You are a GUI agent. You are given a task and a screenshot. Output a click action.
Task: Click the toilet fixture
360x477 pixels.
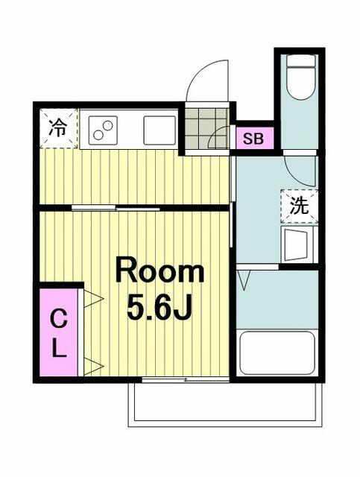pyautogui.click(x=300, y=77)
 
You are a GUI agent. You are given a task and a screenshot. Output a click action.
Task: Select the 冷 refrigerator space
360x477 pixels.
pyautogui.click(x=59, y=128)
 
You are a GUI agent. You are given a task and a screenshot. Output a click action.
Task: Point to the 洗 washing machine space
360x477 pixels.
pyautogui.click(x=299, y=206)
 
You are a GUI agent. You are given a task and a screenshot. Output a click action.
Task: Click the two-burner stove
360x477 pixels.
pyautogui.click(x=103, y=130)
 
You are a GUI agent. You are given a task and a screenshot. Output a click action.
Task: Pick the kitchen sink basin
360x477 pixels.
pyautogui.click(x=160, y=130)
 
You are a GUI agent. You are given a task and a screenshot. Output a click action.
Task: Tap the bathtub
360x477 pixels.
pyautogui.click(x=277, y=353)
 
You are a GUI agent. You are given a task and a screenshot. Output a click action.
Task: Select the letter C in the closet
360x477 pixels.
pyautogui.click(x=59, y=320)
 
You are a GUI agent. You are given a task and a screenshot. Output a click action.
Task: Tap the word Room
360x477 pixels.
pyautogui.click(x=160, y=270)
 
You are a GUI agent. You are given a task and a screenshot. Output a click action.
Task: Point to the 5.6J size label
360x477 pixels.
pyautogui.click(x=160, y=306)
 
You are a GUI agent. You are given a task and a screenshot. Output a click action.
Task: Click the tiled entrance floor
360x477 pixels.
pyautogui.click(x=207, y=128)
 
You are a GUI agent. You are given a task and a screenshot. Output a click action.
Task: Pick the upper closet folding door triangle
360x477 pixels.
pyautogui.click(x=93, y=298)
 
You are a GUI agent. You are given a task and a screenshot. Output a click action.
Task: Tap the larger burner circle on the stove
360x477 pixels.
pyautogui.click(x=108, y=125)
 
